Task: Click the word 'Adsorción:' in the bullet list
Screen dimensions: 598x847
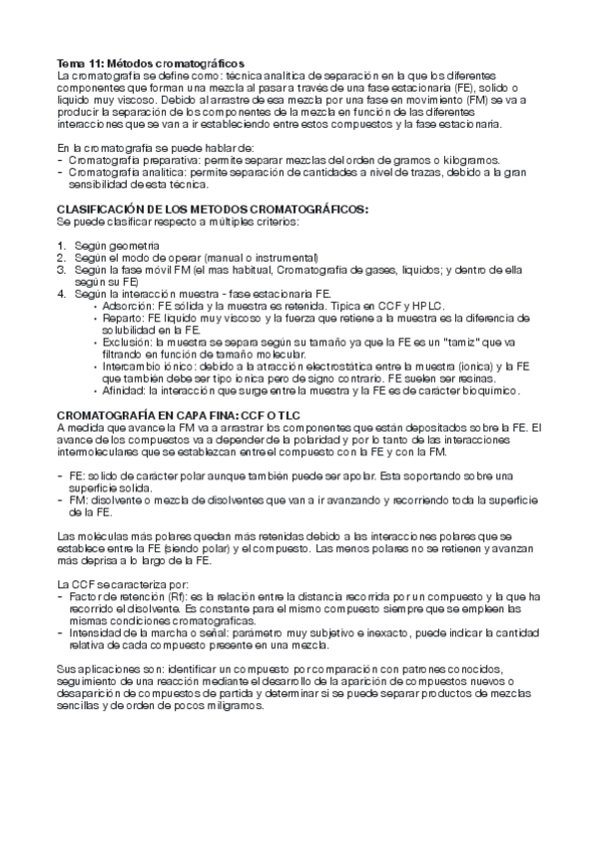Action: pyautogui.click(x=126, y=305)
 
